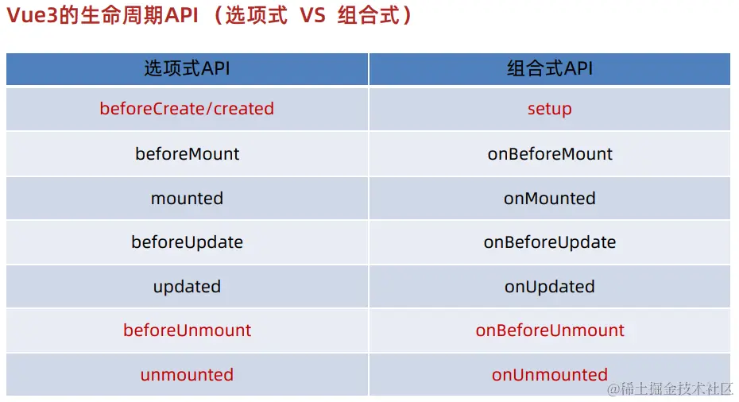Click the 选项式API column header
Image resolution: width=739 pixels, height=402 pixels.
(x=187, y=69)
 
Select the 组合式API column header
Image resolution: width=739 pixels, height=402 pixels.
(x=550, y=69)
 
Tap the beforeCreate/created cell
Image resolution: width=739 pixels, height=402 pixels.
(x=187, y=109)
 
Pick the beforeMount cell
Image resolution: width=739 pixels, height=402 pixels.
(x=187, y=153)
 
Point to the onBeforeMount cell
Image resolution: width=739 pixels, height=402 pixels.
(x=550, y=153)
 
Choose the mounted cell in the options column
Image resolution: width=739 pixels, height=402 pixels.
(x=187, y=199)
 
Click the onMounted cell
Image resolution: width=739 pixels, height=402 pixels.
(x=550, y=199)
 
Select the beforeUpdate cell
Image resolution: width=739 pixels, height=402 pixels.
(x=187, y=242)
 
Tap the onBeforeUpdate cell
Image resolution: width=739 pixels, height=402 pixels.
(x=550, y=242)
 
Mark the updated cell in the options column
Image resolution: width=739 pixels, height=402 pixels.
(x=187, y=287)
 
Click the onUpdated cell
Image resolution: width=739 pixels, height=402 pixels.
(x=550, y=287)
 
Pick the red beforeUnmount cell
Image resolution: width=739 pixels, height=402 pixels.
(x=187, y=330)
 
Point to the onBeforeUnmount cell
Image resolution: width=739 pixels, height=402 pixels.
(x=550, y=330)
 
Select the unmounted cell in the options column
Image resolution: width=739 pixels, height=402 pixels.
(x=187, y=375)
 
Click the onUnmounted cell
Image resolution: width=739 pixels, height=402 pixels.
(x=550, y=375)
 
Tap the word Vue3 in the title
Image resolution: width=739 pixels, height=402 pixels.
(x=32, y=16)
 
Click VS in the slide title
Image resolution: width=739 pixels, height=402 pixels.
(x=312, y=16)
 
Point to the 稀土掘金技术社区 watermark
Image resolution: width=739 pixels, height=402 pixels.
(x=670, y=388)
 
